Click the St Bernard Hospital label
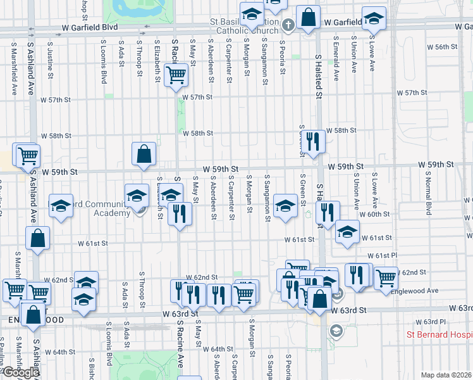coord(439,334)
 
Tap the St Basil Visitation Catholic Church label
coord(247,26)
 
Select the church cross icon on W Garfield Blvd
coord(288,26)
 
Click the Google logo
coord(20,372)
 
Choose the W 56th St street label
coord(442,47)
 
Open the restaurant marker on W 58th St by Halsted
coord(313,141)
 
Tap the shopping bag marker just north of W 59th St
coord(144,153)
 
